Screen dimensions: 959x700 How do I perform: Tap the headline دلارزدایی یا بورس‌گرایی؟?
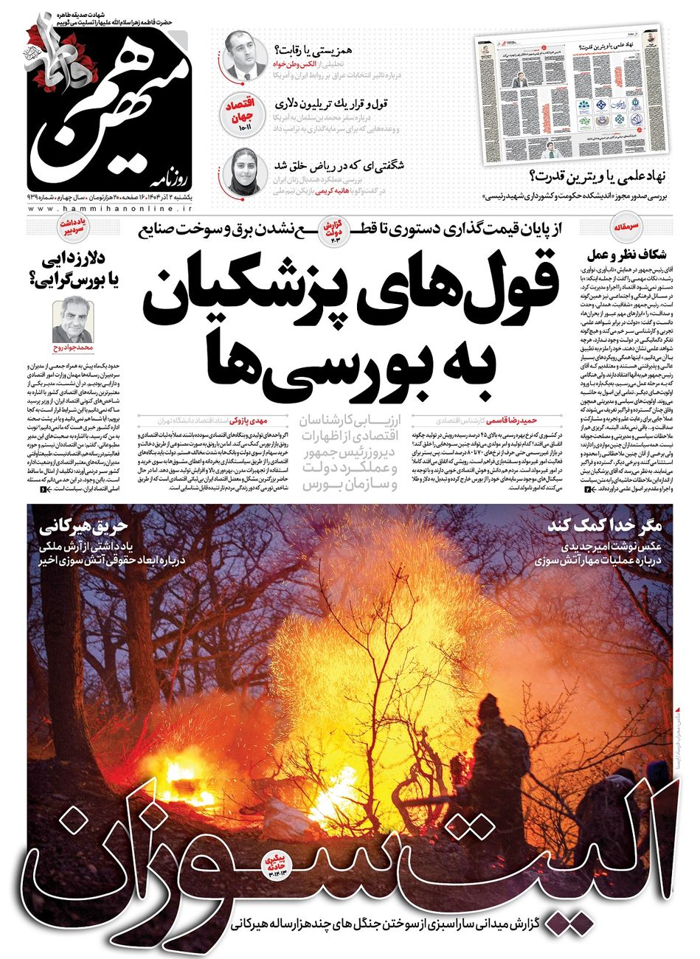(70, 270)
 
